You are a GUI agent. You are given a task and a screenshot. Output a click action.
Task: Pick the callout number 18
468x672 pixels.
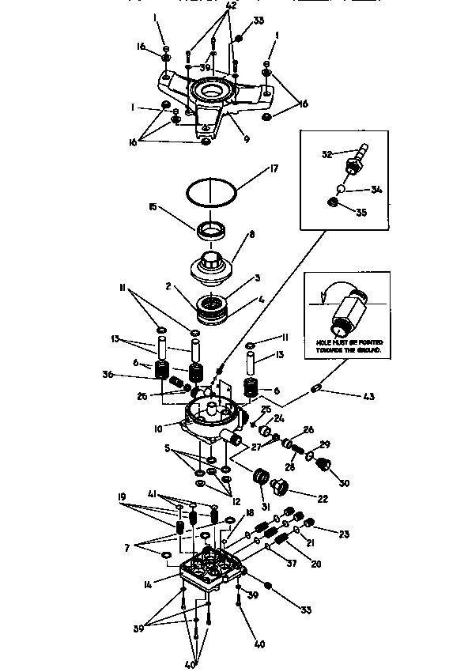click(x=250, y=513)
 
